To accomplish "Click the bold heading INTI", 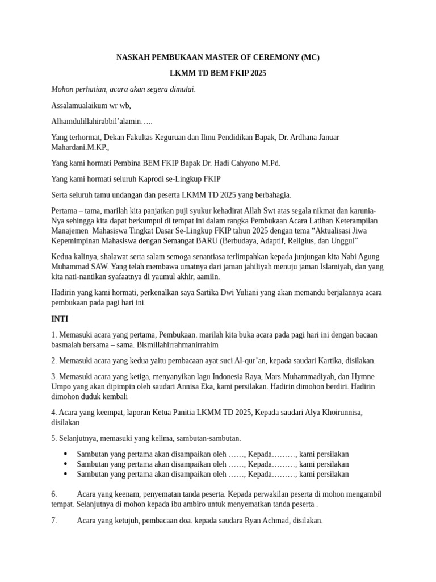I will point(60,319).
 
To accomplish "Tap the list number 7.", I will point(54,520).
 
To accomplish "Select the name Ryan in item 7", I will point(244,520).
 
